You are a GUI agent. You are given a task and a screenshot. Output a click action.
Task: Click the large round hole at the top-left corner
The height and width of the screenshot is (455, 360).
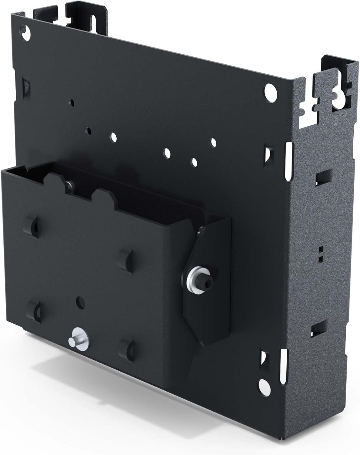(27, 32)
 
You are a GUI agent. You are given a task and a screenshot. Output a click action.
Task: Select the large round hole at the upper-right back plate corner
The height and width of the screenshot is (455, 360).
(271, 91)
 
